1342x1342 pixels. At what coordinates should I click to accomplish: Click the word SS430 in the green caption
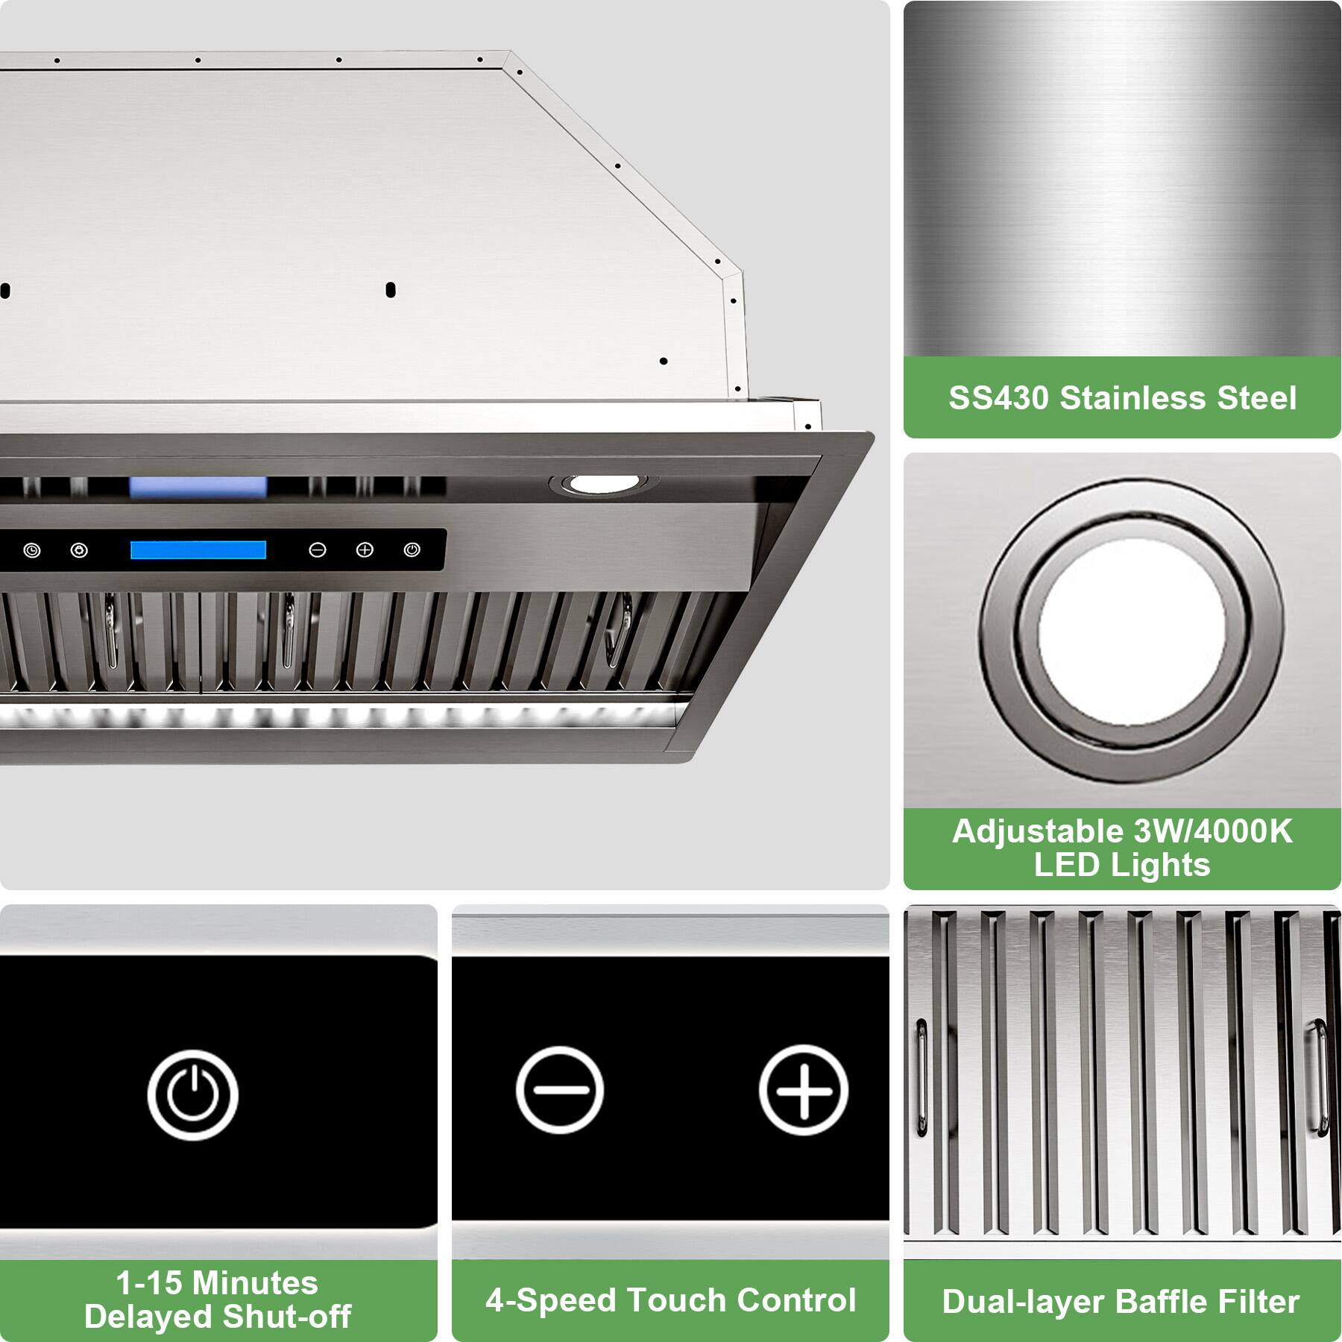point(998,397)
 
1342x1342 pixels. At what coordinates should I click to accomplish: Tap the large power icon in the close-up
point(192,1094)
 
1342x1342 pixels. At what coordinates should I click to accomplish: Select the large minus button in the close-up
point(559,1090)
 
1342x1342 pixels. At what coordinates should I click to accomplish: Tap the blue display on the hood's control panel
point(198,550)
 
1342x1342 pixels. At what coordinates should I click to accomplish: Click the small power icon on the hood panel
point(412,550)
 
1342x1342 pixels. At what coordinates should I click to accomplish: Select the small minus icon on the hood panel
point(318,550)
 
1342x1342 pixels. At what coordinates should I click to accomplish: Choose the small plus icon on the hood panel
point(365,550)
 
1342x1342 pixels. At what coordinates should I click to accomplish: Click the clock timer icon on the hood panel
point(32,551)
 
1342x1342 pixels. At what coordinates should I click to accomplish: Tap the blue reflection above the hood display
point(198,488)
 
